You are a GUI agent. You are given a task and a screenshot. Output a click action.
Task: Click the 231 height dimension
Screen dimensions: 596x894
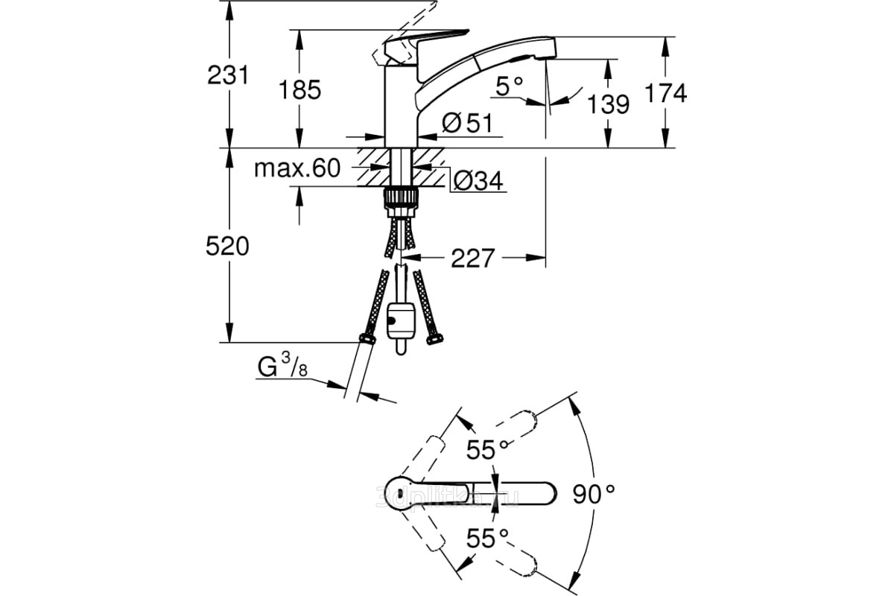coord(227,74)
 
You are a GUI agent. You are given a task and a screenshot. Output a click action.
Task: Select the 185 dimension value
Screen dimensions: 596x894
coord(300,89)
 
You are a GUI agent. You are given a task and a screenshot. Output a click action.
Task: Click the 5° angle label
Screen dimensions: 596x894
coord(510,88)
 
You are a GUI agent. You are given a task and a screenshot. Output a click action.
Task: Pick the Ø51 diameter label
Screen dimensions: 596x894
coord(467,123)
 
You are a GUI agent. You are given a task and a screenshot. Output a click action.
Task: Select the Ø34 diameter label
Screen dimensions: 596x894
coord(478,180)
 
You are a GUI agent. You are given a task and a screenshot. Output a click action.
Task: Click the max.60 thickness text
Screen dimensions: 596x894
coord(297,168)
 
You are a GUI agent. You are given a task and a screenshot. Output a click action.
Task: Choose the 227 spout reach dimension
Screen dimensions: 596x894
coord(472,259)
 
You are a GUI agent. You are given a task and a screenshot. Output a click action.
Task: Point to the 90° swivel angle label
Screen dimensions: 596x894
coord(595,492)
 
